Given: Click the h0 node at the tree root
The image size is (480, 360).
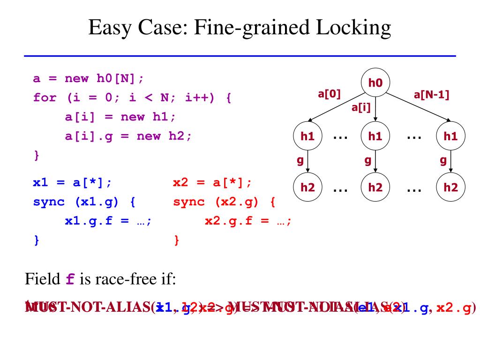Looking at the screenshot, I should (376, 83).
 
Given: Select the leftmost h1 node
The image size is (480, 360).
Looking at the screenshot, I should (307, 136).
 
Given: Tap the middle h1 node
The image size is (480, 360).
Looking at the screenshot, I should (375, 136).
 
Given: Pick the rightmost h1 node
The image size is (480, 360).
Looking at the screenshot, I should (450, 136).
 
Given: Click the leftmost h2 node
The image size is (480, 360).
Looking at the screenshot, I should (307, 187).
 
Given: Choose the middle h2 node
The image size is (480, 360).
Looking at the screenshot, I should (375, 187).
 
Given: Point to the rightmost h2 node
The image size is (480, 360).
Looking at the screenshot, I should (450, 187).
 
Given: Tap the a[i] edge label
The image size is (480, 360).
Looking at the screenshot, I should (361, 108).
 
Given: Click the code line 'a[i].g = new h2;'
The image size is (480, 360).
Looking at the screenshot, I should (128, 136).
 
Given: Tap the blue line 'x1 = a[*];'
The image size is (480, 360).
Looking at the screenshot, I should (72, 182).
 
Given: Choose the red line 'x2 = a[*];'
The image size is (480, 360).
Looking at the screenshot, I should (212, 182).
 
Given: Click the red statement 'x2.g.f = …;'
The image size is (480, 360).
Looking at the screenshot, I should (248, 221).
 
